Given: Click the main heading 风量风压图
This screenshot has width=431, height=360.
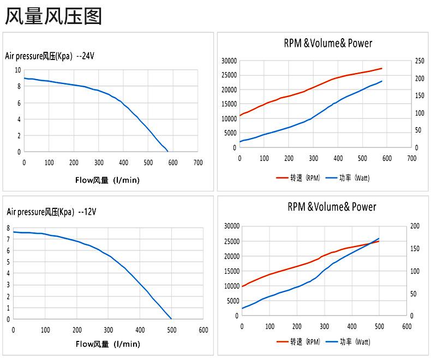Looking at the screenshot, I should pyautogui.click(x=53, y=16).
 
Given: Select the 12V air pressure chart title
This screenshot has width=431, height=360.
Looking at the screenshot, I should pyautogui.click(x=51, y=212).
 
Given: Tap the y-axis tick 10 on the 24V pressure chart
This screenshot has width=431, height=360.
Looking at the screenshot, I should pyautogui.click(x=18, y=70).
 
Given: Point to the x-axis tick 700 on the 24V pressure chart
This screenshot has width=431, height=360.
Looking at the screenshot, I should pyautogui.click(x=198, y=163).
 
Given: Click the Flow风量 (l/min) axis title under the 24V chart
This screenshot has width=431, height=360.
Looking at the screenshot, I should pyautogui.click(x=107, y=180).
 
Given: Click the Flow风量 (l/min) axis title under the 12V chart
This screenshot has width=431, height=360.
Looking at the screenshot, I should pyautogui.click(x=107, y=344).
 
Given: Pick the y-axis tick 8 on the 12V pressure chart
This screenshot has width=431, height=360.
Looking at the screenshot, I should pyautogui.click(x=8, y=228).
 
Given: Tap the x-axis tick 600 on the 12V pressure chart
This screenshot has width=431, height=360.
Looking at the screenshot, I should pyautogui.click(x=203, y=330).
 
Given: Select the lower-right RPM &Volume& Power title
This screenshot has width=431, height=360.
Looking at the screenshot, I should pyautogui.click(x=332, y=207).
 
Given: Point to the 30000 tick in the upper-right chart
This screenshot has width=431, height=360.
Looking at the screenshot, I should pyautogui.click(x=229, y=61).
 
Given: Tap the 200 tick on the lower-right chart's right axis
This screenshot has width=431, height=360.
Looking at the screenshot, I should pyautogui.click(x=415, y=226).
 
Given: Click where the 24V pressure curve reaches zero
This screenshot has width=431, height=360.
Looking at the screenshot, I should pyautogui.click(x=167, y=152).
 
